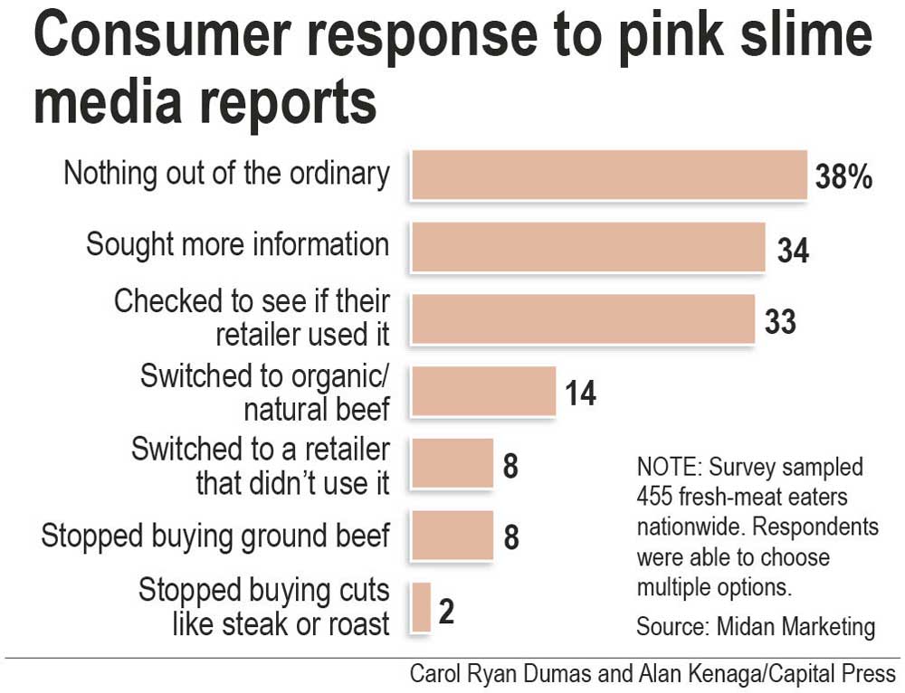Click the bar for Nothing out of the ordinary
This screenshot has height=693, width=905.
point(608,175)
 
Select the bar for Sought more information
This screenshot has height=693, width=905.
point(588,246)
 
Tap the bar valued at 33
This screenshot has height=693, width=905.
point(583,318)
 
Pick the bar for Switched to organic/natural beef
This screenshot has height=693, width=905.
point(483,391)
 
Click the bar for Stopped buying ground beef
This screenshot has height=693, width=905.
point(452,535)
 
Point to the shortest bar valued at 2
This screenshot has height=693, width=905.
point(421,606)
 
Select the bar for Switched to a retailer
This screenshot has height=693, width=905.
point(452,462)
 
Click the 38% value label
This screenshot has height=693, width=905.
point(843,177)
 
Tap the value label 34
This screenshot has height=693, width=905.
point(792,251)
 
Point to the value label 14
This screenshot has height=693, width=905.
point(581,394)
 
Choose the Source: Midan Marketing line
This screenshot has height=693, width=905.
point(756,626)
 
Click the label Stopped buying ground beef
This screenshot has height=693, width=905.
point(215,536)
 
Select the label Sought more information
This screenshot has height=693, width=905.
point(237,244)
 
